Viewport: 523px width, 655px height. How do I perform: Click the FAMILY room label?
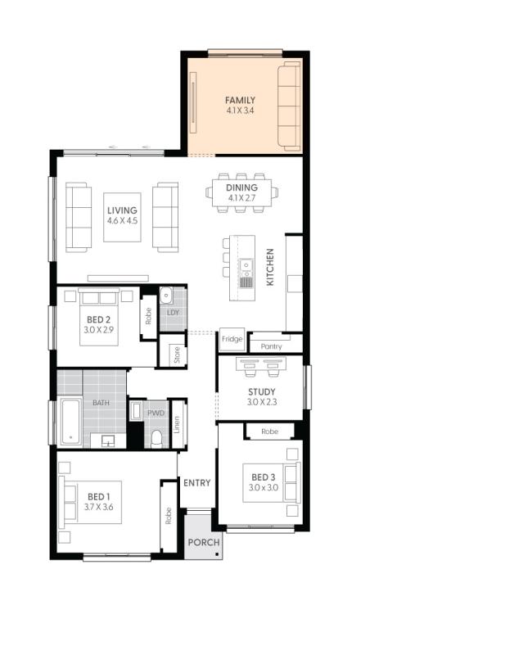pos(240,100)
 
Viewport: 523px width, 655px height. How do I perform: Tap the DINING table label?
pos(241,187)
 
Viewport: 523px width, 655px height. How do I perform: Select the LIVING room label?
pos(122,210)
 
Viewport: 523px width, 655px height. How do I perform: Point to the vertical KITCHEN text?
pos(270,267)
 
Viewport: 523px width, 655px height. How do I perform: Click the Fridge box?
pos(232,340)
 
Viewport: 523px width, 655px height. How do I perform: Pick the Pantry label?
pos(271,346)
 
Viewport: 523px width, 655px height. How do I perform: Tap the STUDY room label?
pos(262,392)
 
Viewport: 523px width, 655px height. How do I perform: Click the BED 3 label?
pos(264,477)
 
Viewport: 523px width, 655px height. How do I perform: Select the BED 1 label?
pos(98,497)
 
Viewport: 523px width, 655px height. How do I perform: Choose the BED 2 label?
pos(98,319)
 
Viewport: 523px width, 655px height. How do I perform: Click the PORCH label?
pos(204,542)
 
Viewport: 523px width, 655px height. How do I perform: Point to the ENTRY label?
pos(196,483)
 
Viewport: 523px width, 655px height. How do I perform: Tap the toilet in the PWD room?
pos(156,439)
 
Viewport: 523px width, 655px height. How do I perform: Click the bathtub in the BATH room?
pos(71,422)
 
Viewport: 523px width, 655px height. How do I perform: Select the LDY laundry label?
pos(173,313)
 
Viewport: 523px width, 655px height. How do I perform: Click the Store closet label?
pos(177,355)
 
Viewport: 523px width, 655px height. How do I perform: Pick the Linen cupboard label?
pos(177,424)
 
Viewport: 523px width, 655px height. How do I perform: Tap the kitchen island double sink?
pos(246,269)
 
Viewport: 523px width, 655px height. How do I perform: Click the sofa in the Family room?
pos(290,106)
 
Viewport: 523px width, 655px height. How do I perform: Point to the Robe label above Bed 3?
pos(269,431)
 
